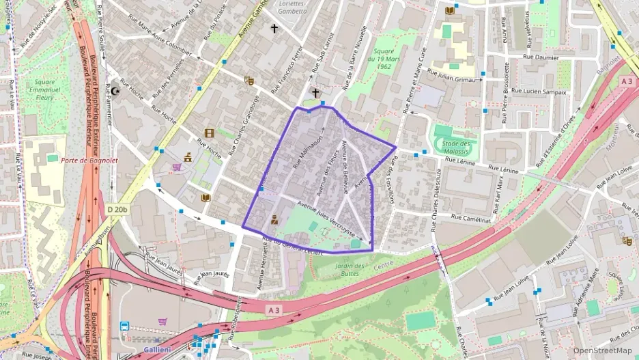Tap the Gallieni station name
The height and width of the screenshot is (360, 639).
(156, 349)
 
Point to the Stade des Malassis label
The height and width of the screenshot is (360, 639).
(457, 148)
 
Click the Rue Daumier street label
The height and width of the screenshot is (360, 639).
(541, 57)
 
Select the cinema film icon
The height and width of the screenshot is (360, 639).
(209, 133)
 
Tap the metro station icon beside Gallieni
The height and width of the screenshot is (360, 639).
(125, 327)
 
